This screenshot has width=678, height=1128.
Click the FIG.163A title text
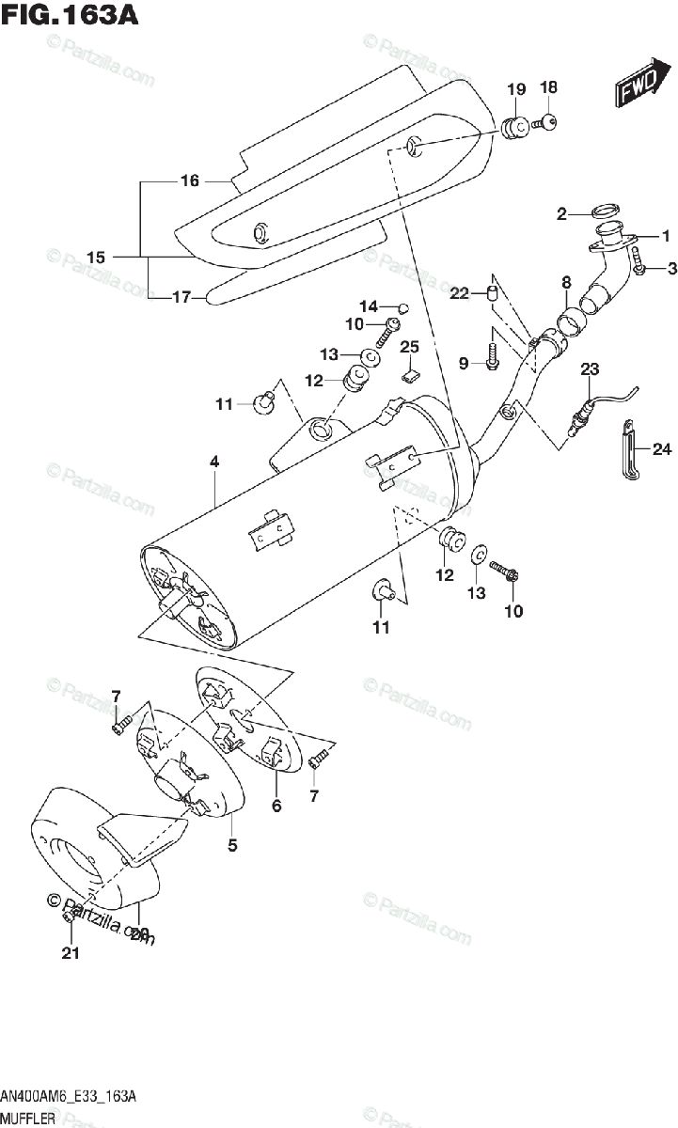(x=70, y=16)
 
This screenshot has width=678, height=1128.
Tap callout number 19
(x=516, y=89)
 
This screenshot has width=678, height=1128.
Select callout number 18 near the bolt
(x=548, y=87)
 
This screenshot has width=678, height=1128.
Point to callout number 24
(x=663, y=450)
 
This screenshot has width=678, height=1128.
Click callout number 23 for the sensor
(x=589, y=369)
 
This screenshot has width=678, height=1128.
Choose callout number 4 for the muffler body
(x=214, y=462)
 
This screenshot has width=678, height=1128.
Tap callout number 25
(x=408, y=347)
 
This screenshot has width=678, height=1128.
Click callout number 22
(x=459, y=293)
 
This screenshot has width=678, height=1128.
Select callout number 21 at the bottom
(x=71, y=954)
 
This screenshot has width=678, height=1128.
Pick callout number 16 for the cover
(x=190, y=180)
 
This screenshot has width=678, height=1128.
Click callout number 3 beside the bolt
(x=672, y=270)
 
